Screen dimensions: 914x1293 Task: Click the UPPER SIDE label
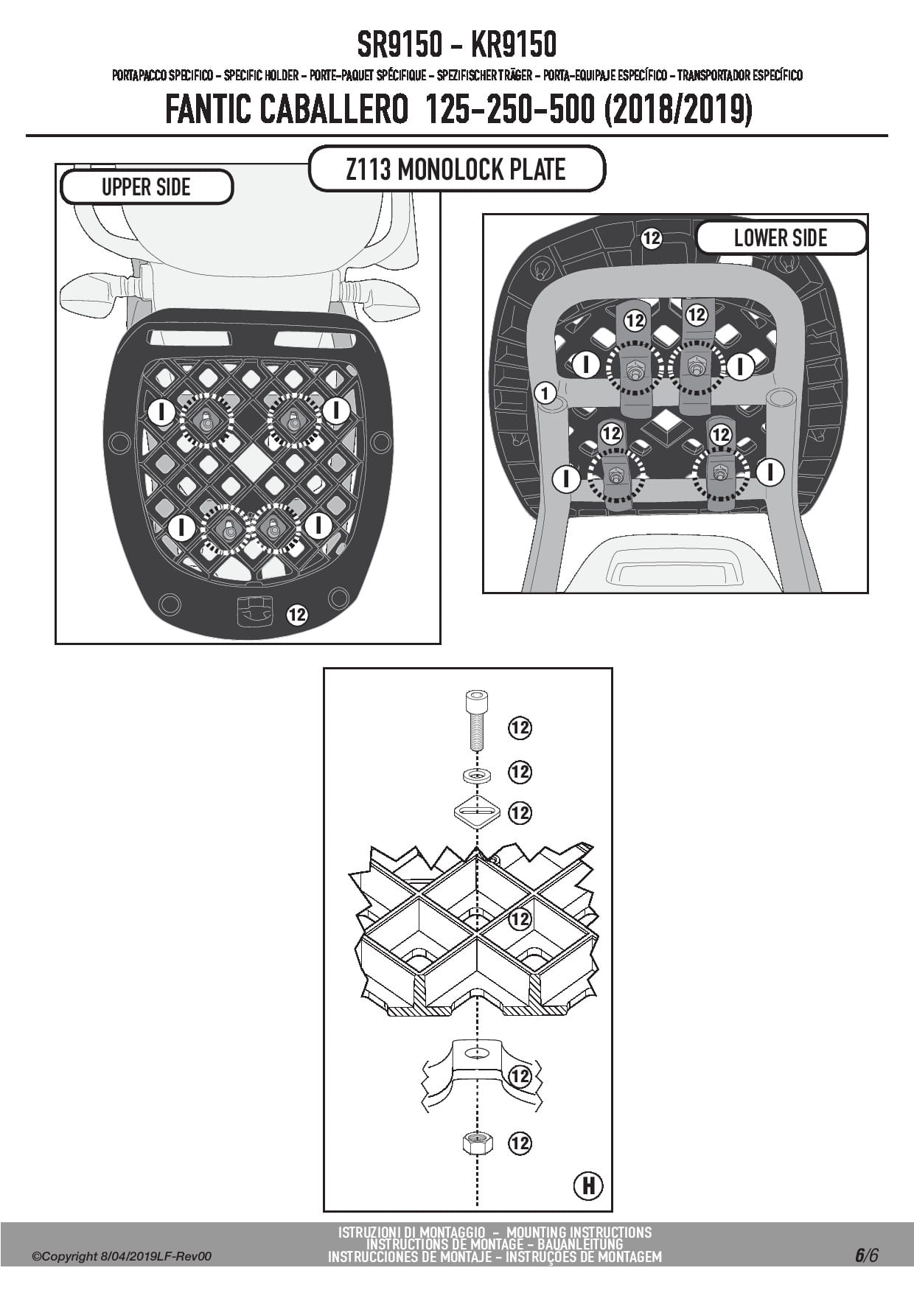(x=146, y=187)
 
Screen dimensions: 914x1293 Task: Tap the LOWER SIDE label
(x=781, y=237)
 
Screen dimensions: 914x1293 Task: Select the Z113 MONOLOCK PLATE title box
(x=456, y=170)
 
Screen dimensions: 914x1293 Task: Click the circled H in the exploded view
(x=588, y=1185)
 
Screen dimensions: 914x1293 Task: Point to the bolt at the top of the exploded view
(x=477, y=719)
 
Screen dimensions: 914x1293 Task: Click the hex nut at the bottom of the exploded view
(x=477, y=1144)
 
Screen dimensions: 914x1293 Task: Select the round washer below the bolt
(x=477, y=776)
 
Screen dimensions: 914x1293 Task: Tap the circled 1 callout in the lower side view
(x=545, y=393)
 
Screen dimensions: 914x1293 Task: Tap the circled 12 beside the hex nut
(x=520, y=1143)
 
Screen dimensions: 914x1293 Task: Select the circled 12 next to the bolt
(x=520, y=728)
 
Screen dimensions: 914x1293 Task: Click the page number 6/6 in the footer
(x=867, y=1255)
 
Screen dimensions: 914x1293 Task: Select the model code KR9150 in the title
(x=513, y=45)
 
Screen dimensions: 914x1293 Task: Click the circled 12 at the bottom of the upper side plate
(x=297, y=614)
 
